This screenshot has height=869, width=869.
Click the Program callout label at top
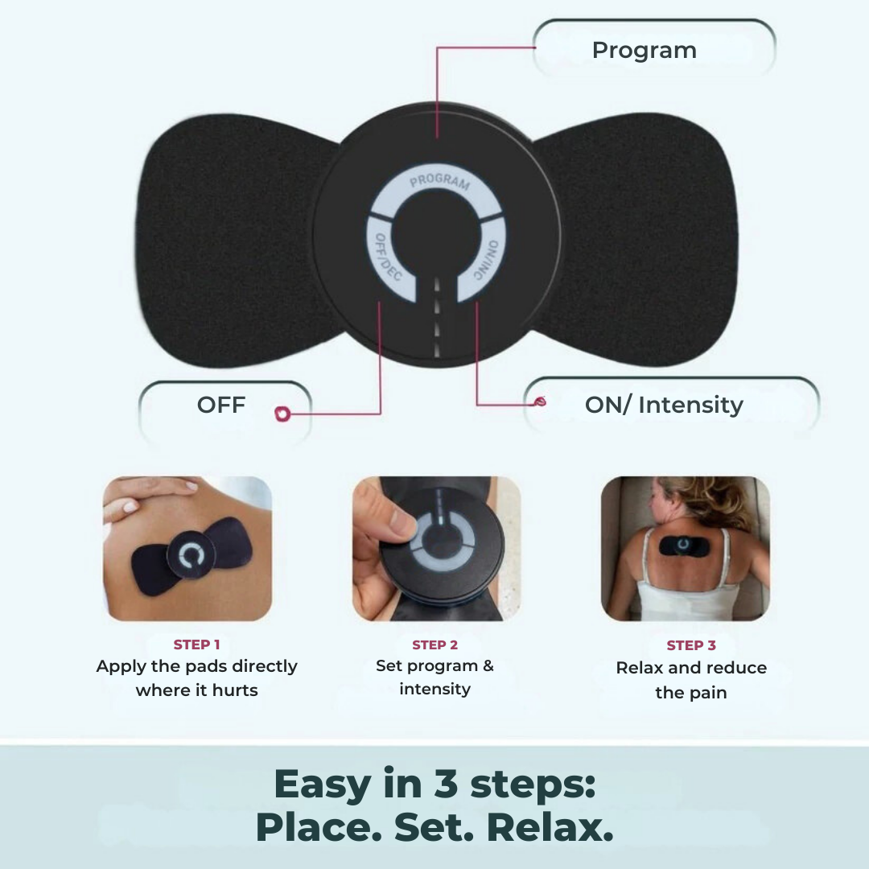coord(644,50)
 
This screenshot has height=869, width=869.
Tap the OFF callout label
coord(220,405)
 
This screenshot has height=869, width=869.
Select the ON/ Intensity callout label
coord(663,405)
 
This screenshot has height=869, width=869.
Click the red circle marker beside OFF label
coord(282,414)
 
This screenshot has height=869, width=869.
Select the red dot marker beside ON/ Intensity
coord(540,401)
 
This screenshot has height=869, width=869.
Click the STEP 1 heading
coord(196,645)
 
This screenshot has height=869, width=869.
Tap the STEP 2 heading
coord(434,645)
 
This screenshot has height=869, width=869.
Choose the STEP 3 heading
coord(690,645)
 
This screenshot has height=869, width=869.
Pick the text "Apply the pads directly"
coord(196,666)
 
